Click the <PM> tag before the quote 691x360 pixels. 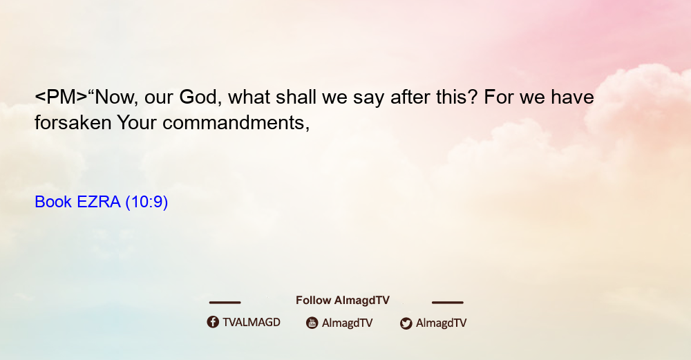[x=61, y=97]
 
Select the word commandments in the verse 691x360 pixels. [x=236, y=122]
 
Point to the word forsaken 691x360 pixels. [x=73, y=122]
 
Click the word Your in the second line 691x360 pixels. [x=137, y=122]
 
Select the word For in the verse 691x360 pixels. [x=499, y=97]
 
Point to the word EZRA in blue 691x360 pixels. [x=99, y=202]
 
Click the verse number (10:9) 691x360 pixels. [x=146, y=202]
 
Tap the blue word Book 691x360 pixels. [x=53, y=202]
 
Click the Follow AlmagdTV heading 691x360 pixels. [x=343, y=301]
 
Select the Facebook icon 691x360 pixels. [x=213, y=322]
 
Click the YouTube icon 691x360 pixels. [x=312, y=323]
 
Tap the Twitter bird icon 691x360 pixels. [x=406, y=323]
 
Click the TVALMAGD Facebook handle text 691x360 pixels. [x=252, y=323]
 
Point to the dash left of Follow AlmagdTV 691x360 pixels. [x=225, y=302]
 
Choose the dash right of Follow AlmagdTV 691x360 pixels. [x=448, y=302]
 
